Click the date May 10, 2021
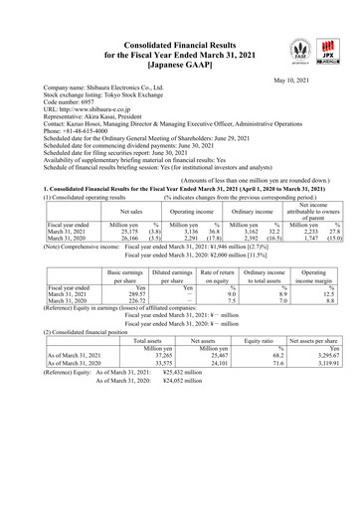tap(294, 81)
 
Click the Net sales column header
tap(131, 211)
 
